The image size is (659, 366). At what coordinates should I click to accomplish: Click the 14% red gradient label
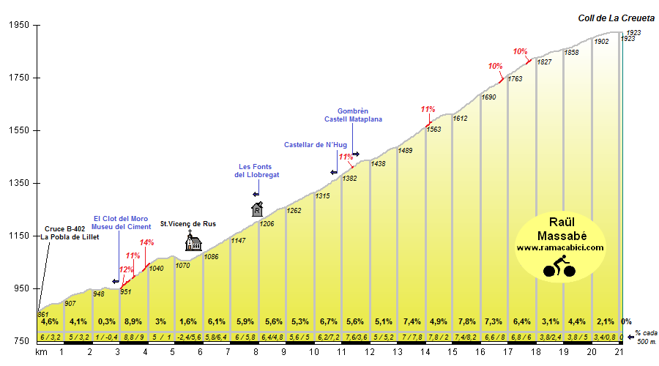tap(146, 243)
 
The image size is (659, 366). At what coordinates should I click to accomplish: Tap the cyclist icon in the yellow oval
tap(559, 268)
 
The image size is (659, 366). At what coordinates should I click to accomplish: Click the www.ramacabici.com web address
tap(560, 247)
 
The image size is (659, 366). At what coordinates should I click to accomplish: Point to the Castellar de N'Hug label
tap(315, 145)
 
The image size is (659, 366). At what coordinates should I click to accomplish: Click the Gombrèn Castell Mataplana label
tap(353, 115)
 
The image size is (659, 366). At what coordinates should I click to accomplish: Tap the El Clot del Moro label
tap(120, 218)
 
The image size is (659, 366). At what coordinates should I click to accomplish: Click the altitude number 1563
tap(433, 130)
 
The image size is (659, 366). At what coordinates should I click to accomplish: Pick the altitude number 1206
tap(267, 223)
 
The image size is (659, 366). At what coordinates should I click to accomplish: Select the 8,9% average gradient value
tap(133, 321)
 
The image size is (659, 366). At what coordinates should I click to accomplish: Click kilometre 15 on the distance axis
tap(453, 352)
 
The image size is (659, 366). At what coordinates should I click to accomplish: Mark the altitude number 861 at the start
tap(42, 314)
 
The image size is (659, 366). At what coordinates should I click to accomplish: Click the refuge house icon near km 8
tap(257, 209)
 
